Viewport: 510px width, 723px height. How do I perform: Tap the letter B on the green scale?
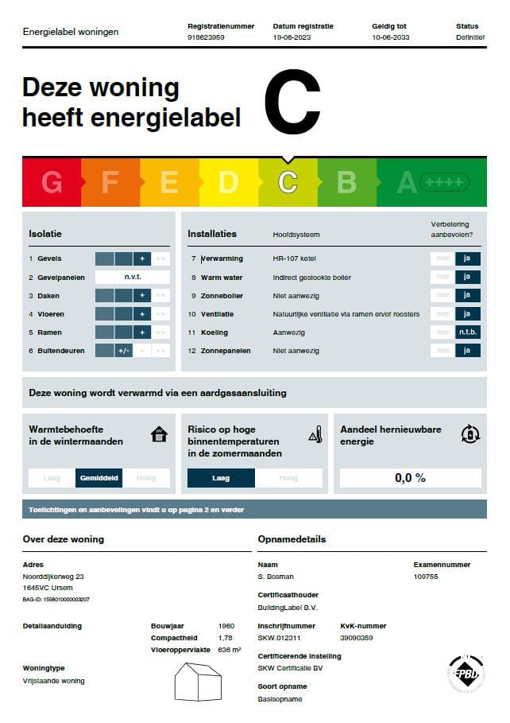(x=346, y=182)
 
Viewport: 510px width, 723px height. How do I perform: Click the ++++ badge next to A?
(x=444, y=182)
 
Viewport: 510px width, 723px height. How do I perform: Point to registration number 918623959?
(x=206, y=37)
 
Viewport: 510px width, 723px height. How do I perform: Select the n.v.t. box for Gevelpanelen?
(x=132, y=278)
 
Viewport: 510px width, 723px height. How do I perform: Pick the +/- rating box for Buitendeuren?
(x=123, y=351)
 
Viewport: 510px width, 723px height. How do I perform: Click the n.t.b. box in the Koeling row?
(x=467, y=332)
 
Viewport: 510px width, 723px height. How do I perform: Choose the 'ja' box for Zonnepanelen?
(x=467, y=351)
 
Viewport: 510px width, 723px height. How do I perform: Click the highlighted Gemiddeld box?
(x=99, y=478)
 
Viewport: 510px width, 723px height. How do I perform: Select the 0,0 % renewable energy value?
(x=410, y=478)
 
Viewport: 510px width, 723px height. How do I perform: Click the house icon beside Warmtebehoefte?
(x=160, y=434)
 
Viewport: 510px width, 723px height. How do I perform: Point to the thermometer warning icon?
(x=315, y=434)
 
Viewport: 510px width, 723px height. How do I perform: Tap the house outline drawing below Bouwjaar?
(x=199, y=682)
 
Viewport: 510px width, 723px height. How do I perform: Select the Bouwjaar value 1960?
(x=226, y=626)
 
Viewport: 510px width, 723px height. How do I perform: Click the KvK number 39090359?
(x=357, y=638)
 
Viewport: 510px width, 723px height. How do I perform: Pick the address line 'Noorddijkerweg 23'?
(x=53, y=577)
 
